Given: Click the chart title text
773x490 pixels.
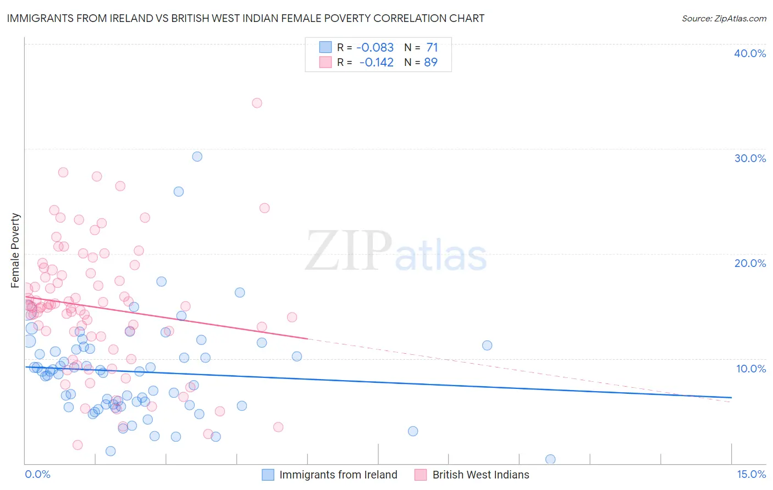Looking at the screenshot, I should click(x=245, y=18).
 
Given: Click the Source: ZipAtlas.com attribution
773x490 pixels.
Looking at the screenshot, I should click(x=724, y=18).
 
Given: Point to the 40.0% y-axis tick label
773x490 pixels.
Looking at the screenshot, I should click(x=750, y=53).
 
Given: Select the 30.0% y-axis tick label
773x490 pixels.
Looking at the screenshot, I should click(x=750, y=158).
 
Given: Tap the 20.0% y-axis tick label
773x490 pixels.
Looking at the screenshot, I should click(x=750, y=263).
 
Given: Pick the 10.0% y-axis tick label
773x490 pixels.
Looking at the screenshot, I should click(x=750, y=369).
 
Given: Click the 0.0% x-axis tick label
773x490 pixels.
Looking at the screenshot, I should click(x=37, y=474).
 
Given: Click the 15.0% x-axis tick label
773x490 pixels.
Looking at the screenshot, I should click(x=751, y=474).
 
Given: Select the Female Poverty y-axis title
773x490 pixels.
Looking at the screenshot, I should click(x=15, y=250).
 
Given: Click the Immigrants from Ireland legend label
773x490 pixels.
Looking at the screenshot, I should click(x=338, y=475).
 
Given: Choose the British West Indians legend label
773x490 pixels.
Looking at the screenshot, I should click(x=481, y=475).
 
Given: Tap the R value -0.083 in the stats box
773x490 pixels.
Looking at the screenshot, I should click(x=375, y=48).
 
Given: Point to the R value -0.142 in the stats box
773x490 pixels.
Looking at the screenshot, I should click(x=376, y=62).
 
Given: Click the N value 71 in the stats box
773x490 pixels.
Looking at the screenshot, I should click(x=432, y=48).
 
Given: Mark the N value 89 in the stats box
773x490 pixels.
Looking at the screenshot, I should click(x=431, y=62).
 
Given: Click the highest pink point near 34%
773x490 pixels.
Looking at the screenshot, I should click(x=257, y=103).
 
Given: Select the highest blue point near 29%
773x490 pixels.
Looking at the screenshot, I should click(x=197, y=157).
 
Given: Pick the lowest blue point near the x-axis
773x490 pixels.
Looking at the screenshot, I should click(x=550, y=459).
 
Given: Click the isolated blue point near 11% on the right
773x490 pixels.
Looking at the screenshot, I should click(x=487, y=346).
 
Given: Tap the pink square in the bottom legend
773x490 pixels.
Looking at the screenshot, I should click(x=421, y=475).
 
